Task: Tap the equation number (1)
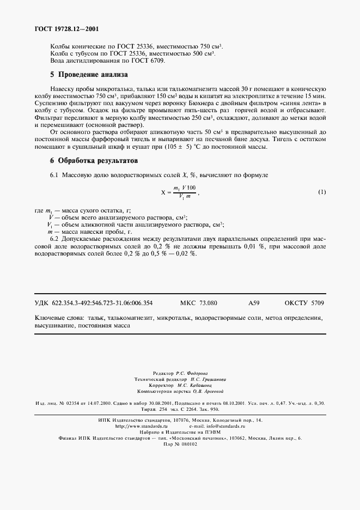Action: tap(322, 192)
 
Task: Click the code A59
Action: tap(254, 303)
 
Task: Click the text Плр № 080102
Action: tap(180, 444)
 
